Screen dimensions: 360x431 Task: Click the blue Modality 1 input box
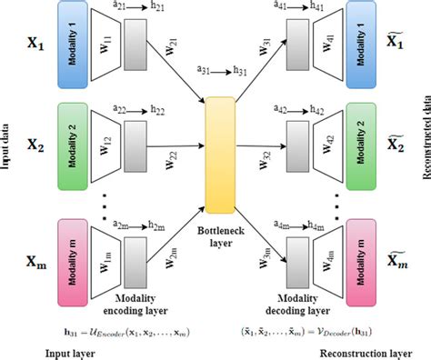[x=70, y=45]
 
